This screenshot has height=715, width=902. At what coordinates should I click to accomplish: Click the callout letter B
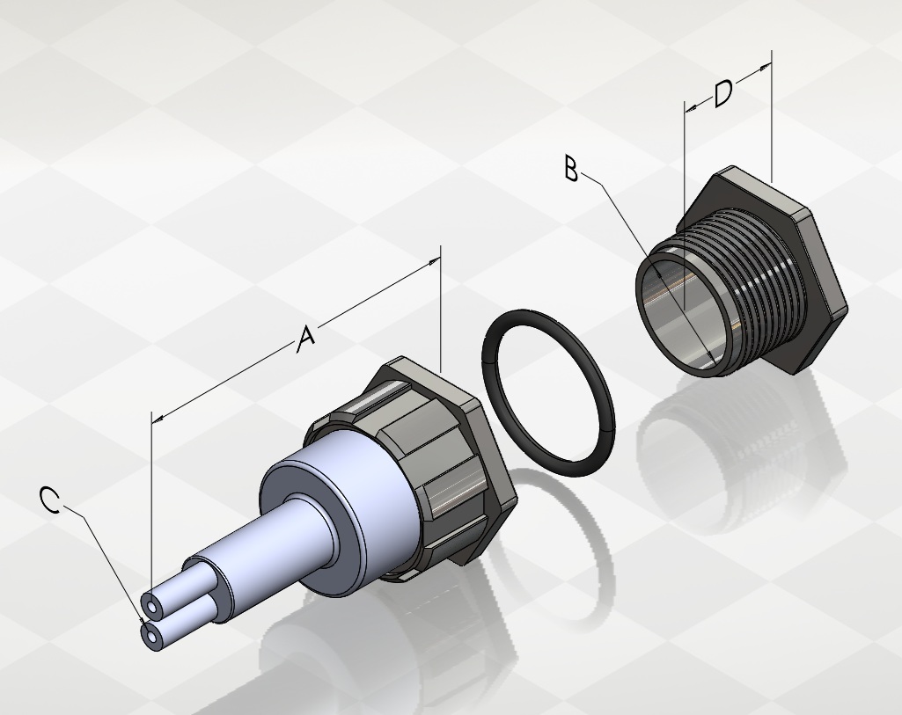point(570,169)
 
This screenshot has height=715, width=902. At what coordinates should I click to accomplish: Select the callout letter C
point(50,500)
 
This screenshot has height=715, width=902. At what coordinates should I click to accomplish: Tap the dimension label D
point(723,94)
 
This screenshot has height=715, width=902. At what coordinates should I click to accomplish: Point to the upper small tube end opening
point(152,606)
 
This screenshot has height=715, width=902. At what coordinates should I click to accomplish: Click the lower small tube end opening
point(150,636)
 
